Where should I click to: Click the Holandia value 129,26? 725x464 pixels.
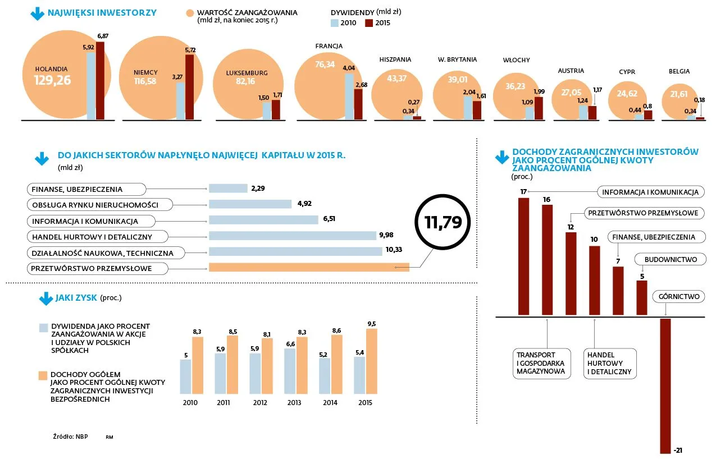[x=52, y=80]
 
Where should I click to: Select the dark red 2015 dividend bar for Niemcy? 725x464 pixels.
[x=190, y=87]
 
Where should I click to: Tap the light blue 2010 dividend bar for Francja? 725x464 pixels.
[x=349, y=97]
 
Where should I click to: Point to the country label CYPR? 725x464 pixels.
[x=627, y=72]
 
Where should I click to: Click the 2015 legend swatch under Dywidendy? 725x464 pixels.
[x=369, y=23]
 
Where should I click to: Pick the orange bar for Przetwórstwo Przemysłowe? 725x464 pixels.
[x=308, y=268]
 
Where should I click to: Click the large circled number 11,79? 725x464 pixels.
[x=443, y=222]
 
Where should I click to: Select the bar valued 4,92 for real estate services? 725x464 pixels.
[x=250, y=204]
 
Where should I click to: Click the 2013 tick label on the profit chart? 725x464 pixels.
[x=294, y=403]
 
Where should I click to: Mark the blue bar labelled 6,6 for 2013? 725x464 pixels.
[x=290, y=371]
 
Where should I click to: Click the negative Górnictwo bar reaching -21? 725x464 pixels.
[x=665, y=385]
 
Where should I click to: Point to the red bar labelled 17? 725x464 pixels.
[x=523, y=256]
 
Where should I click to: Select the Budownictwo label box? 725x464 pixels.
[x=671, y=260]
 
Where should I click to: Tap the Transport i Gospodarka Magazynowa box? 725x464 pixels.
[x=542, y=363]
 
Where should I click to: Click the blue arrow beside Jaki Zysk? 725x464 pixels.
[x=45, y=298]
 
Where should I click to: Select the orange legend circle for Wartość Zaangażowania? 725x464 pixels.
[x=189, y=13]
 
